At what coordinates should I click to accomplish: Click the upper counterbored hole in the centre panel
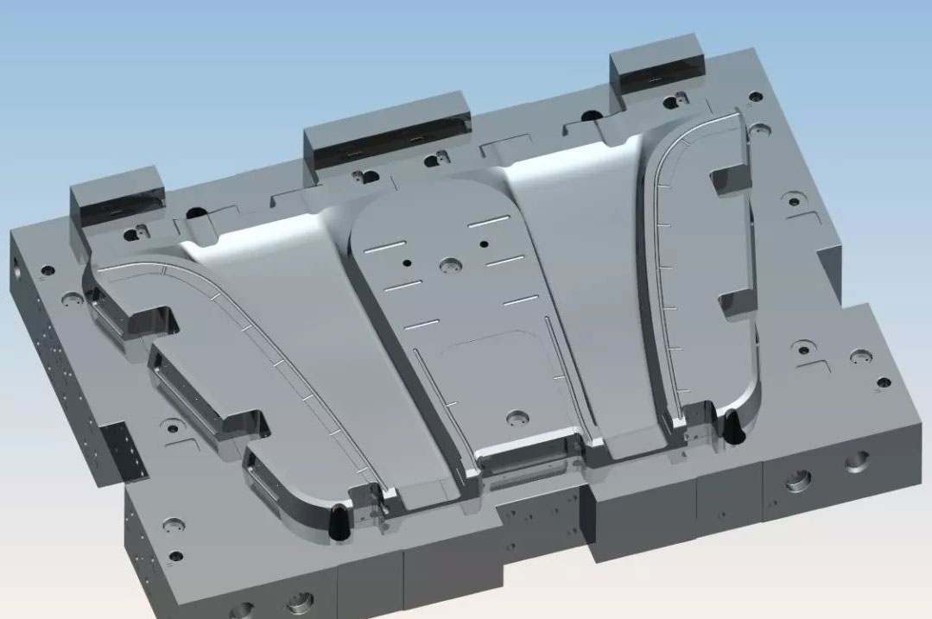449,265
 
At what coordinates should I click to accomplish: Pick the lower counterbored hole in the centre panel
517,417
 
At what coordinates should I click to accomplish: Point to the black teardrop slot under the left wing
338,518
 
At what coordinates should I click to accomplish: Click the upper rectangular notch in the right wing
727,180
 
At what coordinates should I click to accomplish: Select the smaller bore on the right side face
857,461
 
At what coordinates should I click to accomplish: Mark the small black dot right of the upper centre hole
484,244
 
